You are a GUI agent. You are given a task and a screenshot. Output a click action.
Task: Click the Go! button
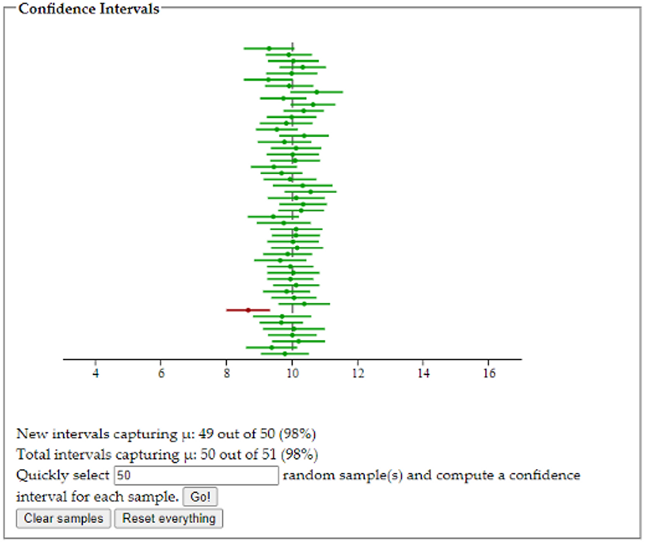(x=200, y=497)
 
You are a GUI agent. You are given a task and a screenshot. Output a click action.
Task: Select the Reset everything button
(x=168, y=519)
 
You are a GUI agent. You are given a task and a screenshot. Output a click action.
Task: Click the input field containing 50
(x=196, y=476)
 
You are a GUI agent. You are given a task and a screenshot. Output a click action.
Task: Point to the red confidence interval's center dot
(x=248, y=310)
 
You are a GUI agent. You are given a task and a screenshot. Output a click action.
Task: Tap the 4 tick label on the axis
(x=96, y=373)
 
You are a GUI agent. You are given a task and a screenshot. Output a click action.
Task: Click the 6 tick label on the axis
(x=161, y=373)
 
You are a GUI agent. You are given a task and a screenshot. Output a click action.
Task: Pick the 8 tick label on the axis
(x=227, y=373)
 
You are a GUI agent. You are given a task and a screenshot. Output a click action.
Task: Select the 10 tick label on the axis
(x=292, y=373)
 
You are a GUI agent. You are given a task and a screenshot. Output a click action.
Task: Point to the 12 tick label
(x=358, y=373)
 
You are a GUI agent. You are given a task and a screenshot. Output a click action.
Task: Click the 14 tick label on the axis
(x=424, y=373)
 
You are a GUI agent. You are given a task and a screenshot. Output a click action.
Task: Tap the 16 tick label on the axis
(x=489, y=373)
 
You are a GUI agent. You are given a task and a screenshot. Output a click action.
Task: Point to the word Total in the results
(x=36, y=455)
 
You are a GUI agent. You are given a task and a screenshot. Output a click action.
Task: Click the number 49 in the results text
(x=207, y=434)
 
